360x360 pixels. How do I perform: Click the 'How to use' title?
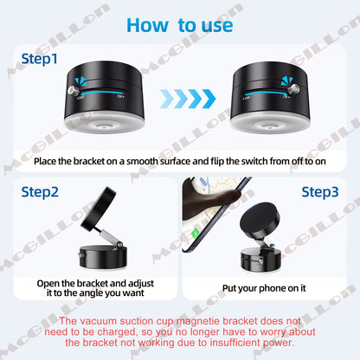[179, 23]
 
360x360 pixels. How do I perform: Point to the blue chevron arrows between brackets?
[179, 98]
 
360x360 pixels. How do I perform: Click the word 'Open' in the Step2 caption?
[49, 283]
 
